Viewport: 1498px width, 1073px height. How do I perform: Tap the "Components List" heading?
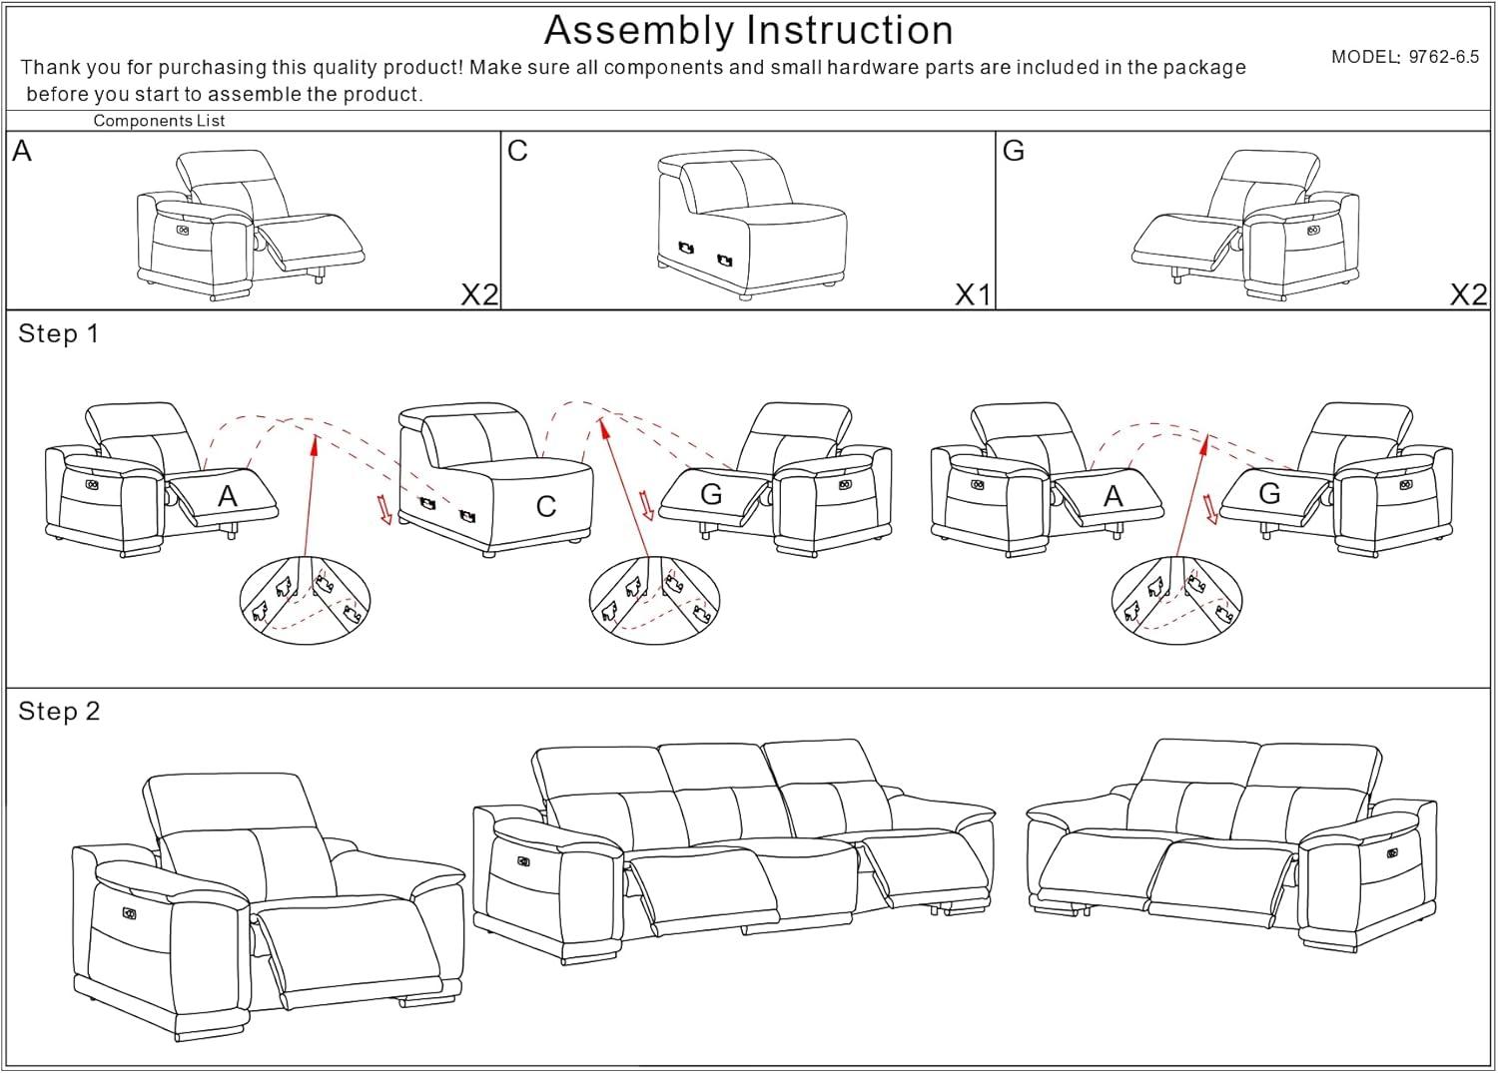(159, 121)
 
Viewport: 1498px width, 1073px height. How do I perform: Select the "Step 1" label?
(59, 333)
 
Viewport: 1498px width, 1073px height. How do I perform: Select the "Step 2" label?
(59, 711)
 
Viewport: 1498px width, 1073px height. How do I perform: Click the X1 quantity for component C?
(973, 294)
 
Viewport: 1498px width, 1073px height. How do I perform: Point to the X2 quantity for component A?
(478, 294)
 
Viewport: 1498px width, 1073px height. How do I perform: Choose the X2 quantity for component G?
(1467, 294)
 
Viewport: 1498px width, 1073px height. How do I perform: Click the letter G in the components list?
(1013, 151)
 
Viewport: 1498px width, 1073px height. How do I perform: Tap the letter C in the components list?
(517, 151)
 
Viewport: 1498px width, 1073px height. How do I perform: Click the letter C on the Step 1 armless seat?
(545, 506)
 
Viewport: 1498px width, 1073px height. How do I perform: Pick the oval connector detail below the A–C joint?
(305, 600)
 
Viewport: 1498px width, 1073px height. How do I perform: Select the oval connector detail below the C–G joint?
(654, 600)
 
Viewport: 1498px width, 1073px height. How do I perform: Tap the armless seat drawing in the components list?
(751, 225)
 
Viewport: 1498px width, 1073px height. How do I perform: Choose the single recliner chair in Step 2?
(268, 903)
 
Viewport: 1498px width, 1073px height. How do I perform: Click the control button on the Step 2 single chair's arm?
(129, 912)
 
